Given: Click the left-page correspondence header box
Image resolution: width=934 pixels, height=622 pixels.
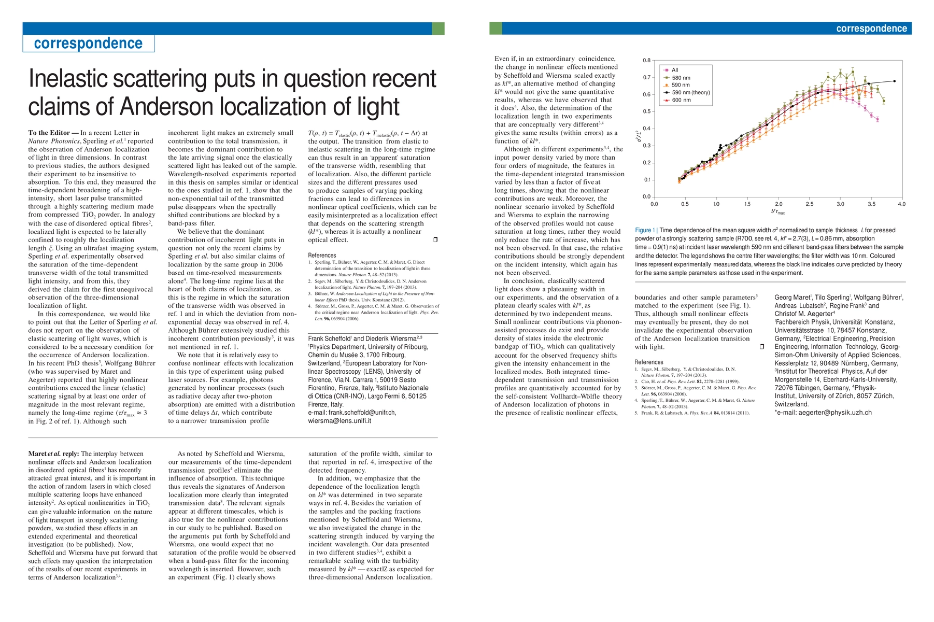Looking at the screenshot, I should click(88, 44).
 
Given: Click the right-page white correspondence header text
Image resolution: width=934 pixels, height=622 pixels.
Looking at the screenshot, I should click(871, 29).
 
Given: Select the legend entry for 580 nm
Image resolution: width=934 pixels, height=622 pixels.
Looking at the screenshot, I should click(681, 78).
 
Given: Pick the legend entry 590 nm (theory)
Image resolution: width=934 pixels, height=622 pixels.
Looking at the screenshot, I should click(690, 93).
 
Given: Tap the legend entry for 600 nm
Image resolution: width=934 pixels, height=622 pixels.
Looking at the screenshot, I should click(681, 100).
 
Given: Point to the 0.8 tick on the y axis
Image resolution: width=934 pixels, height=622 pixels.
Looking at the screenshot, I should click(646, 61).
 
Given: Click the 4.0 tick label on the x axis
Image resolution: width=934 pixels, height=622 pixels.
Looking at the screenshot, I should click(901, 204).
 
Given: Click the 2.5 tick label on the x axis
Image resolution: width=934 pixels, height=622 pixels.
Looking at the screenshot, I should click(810, 204).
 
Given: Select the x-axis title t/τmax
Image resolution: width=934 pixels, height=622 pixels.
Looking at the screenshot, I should click(777, 212).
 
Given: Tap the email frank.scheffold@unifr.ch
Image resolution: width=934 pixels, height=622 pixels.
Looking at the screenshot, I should click(352, 413).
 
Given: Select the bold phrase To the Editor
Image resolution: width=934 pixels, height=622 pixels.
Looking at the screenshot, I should click(50, 133).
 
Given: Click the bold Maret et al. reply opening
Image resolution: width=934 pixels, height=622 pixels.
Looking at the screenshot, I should click(53, 454).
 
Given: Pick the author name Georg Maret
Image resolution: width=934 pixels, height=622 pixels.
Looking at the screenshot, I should click(792, 298).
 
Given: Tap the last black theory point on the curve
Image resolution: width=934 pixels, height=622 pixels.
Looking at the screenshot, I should click(895, 81).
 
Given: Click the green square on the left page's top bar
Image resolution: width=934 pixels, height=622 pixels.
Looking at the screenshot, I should click(438, 29).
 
